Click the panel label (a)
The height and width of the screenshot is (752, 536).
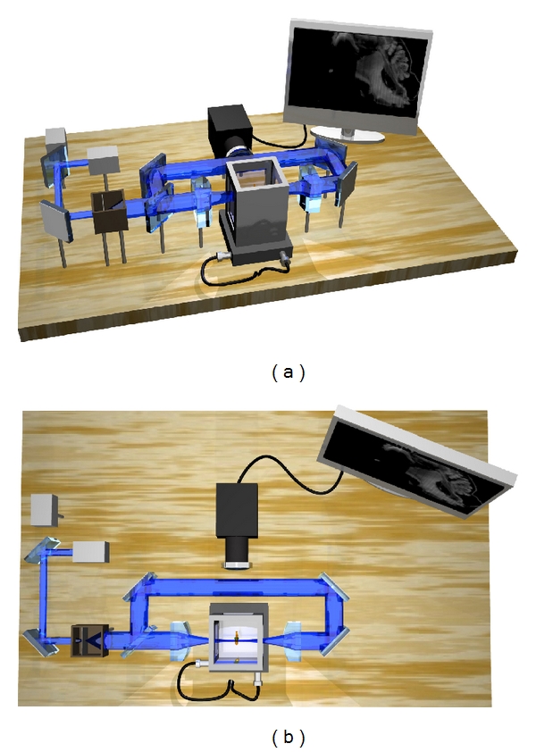click(288, 372)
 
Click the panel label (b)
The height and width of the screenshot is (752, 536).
click(288, 737)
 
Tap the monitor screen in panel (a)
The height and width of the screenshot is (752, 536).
click(360, 72)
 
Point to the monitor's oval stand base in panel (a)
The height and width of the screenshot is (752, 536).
click(348, 135)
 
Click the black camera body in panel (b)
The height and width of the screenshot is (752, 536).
click(237, 509)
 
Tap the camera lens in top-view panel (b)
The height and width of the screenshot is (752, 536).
click(237, 553)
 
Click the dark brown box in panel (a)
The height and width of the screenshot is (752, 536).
click(109, 213)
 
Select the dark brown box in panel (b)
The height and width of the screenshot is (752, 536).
click(90, 640)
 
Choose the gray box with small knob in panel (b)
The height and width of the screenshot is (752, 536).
click(45, 510)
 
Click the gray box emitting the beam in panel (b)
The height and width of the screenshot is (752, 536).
click(91, 552)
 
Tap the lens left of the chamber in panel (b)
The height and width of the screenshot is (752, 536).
click(180, 640)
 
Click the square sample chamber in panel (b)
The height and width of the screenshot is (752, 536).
click(239, 638)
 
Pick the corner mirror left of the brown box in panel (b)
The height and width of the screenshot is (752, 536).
click(40, 641)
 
